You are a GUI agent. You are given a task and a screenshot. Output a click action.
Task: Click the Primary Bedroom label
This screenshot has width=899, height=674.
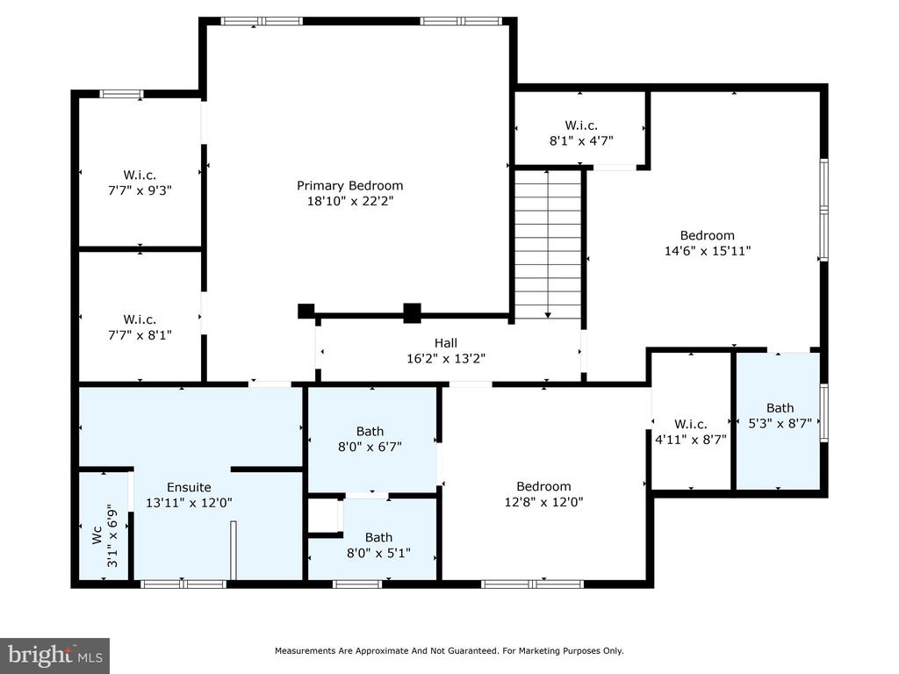[349, 186]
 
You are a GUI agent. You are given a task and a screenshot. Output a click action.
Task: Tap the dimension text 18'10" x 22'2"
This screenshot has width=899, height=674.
[350, 201]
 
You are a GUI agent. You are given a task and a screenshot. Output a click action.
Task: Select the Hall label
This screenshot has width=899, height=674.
[445, 343]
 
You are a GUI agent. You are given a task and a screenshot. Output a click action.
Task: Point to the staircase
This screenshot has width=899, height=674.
[548, 245]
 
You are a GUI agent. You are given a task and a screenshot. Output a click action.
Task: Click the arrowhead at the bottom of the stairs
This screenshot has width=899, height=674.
[548, 315]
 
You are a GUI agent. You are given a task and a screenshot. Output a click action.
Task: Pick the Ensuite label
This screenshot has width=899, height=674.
[189, 487]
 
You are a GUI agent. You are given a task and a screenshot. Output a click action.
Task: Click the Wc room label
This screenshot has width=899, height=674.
[97, 535]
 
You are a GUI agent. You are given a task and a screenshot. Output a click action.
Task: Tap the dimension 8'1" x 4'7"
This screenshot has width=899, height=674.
[581, 140]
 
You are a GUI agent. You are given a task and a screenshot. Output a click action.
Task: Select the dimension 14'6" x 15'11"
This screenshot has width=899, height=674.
[708, 250]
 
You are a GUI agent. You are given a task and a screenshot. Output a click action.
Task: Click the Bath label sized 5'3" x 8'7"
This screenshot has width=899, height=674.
[780, 408]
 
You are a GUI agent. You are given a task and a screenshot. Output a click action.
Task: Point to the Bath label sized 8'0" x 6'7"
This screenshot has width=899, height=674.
[370, 431]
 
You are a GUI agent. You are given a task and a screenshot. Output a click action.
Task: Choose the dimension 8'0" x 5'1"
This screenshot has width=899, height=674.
[378, 553]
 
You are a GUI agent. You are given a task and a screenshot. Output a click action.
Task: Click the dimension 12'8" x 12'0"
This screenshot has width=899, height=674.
[543, 502]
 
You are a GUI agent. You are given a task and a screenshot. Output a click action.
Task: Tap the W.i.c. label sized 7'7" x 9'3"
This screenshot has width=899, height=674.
[140, 175]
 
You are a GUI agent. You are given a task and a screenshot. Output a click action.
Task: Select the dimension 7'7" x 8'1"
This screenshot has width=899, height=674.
[140, 334]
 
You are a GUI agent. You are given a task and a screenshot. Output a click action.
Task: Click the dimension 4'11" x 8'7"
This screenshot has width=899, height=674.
[691, 440]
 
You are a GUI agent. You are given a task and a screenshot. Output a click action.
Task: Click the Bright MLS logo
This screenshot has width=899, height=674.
[55, 656]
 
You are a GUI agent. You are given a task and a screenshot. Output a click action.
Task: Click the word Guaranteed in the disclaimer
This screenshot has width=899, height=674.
[471, 651]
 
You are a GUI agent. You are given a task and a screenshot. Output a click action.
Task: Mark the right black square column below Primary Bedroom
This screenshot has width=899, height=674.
[413, 313]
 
